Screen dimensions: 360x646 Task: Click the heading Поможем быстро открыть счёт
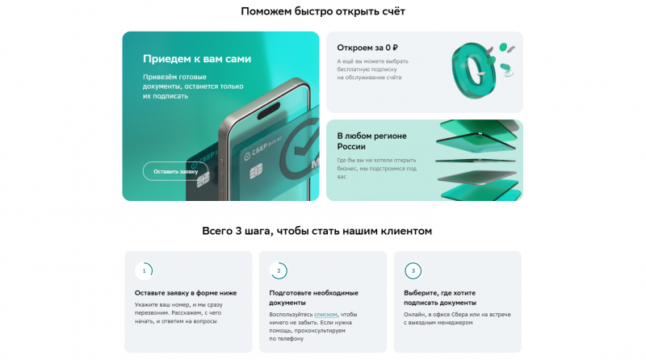[x=322, y=11]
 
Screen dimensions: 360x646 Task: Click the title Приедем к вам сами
[x=196, y=59]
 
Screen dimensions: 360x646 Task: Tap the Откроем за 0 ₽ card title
[x=367, y=48]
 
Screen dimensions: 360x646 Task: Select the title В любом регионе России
[x=371, y=140]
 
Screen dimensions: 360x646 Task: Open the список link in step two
[x=325, y=314]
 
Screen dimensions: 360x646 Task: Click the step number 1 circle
[x=144, y=271]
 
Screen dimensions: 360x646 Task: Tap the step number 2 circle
[x=279, y=271]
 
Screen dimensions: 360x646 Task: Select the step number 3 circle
[x=413, y=271]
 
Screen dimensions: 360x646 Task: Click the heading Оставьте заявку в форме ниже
[x=186, y=293]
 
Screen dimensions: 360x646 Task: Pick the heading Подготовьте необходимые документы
[x=313, y=298]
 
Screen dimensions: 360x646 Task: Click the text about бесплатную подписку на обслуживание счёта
[x=372, y=69]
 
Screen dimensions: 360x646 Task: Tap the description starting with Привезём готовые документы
[x=193, y=86]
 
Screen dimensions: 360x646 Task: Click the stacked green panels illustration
[x=479, y=160]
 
